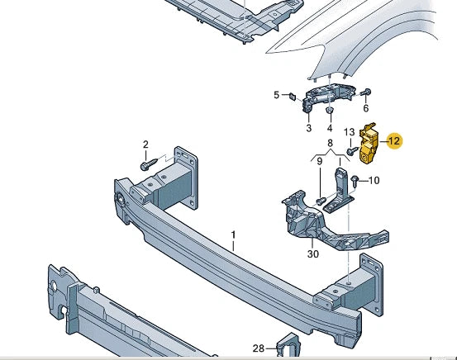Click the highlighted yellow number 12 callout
pyautogui.click(x=394, y=141)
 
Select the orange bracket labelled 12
pyautogui.click(x=368, y=143)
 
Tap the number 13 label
pyautogui.click(x=349, y=132)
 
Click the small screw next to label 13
pyautogui.click(x=352, y=150)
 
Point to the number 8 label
pyautogui.click(x=330, y=144)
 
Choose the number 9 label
pyautogui.click(x=320, y=161)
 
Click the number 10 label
pyautogui.click(x=374, y=181)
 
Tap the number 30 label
pyautogui.click(x=312, y=254)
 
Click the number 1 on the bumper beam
pyautogui.click(x=233, y=235)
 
